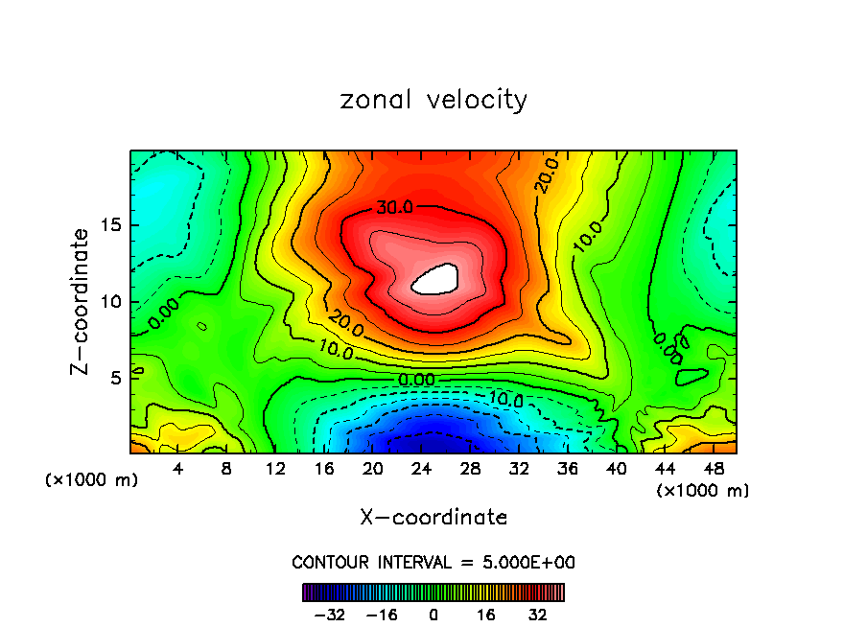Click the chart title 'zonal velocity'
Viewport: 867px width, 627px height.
point(433,100)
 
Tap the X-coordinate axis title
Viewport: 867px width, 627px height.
point(433,518)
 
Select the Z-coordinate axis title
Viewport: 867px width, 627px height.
point(81,300)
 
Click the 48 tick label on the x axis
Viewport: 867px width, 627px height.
point(713,469)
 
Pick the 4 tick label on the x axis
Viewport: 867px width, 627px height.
point(178,469)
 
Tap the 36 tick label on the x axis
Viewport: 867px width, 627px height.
point(567,469)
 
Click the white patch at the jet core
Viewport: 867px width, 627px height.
point(436,278)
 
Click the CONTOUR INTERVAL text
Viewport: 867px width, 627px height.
point(433,562)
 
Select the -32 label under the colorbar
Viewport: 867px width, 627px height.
point(329,614)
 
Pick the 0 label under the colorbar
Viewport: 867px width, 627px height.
point(433,614)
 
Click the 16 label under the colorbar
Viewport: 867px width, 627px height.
point(486,614)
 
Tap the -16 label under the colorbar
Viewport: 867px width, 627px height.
point(382,614)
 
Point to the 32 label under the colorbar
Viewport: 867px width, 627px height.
point(538,614)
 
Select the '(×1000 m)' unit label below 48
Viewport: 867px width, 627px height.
point(703,491)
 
